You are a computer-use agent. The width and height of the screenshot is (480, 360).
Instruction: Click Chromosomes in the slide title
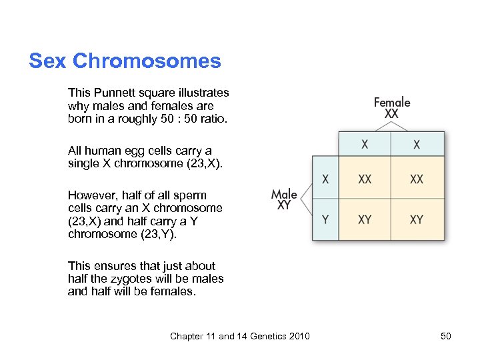147,61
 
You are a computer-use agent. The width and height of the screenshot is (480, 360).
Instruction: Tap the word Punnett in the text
113,93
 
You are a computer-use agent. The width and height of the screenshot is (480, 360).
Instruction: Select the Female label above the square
392,102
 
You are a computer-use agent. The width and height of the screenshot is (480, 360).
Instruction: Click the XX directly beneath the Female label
392,115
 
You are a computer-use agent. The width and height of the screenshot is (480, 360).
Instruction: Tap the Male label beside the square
284,195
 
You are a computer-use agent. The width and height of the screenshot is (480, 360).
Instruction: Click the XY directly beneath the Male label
284,206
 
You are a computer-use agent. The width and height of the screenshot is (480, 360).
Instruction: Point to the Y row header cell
325,219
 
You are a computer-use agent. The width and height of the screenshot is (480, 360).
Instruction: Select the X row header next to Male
325,179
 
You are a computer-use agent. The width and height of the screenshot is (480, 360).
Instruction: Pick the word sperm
191,195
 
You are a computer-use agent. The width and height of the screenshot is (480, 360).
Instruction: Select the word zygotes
137,279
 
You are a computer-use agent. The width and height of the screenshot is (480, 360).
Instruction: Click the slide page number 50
445,336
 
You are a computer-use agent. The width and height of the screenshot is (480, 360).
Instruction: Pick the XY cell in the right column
417,219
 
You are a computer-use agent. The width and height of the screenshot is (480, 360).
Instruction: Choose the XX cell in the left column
365,179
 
